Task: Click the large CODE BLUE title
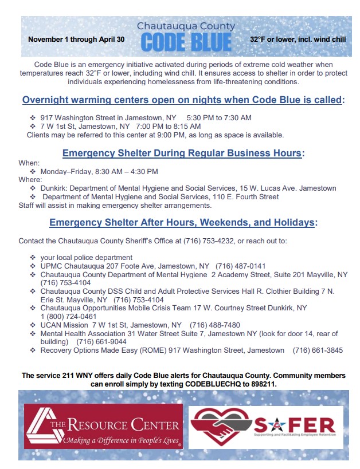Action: (x=186, y=42)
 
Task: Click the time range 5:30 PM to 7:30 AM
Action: (x=219, y=117)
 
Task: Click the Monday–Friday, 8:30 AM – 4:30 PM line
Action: (x=99, y=171)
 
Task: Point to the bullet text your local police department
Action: (x=87, y=257)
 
